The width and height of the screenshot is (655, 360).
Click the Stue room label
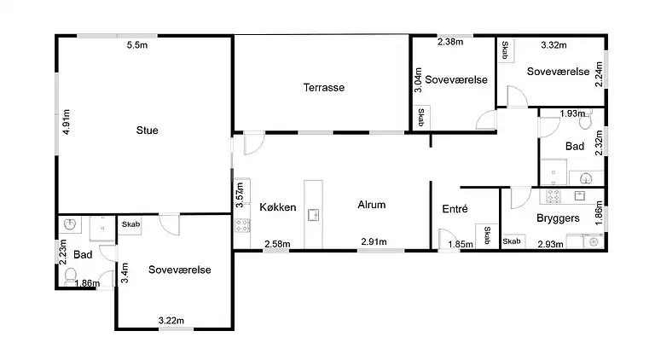(x=147, y=131)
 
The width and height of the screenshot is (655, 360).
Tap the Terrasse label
(x=324, y=88)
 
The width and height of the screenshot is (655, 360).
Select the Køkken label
(x=278, y=207)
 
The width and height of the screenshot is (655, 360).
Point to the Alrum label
(x=371, y=205)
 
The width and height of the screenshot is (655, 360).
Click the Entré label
(x=455, y=209)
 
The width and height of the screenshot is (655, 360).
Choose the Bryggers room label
(x=558, y=218)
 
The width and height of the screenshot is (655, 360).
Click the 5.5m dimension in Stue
(x=137, y=45)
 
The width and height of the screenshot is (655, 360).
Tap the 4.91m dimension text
(x=67, y=122)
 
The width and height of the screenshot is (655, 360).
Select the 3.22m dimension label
(x=171, y=321)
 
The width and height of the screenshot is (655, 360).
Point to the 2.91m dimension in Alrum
(x=374, y=241)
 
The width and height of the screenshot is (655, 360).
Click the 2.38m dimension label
(x=450, y=42)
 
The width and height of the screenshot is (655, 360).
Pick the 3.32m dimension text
(x=554, y=45)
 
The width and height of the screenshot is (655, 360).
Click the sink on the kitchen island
(x=313, y=215)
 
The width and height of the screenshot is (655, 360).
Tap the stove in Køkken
(x=242, y=225)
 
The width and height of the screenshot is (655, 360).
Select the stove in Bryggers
(x=554, y=196)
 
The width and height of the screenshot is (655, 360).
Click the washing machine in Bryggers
(x=594, y=241)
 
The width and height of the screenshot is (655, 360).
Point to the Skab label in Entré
(x=487, y=235)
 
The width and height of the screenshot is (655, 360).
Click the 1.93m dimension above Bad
(x=572, y=113)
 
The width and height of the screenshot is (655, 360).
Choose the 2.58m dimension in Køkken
(x=277, y=244)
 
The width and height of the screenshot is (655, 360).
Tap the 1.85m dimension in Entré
(x=461, y=244)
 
